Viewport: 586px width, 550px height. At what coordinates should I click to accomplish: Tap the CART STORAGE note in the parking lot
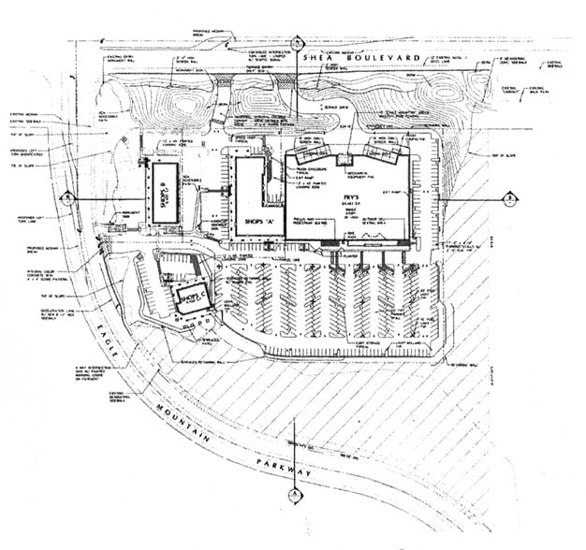click(x=371, y=347)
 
